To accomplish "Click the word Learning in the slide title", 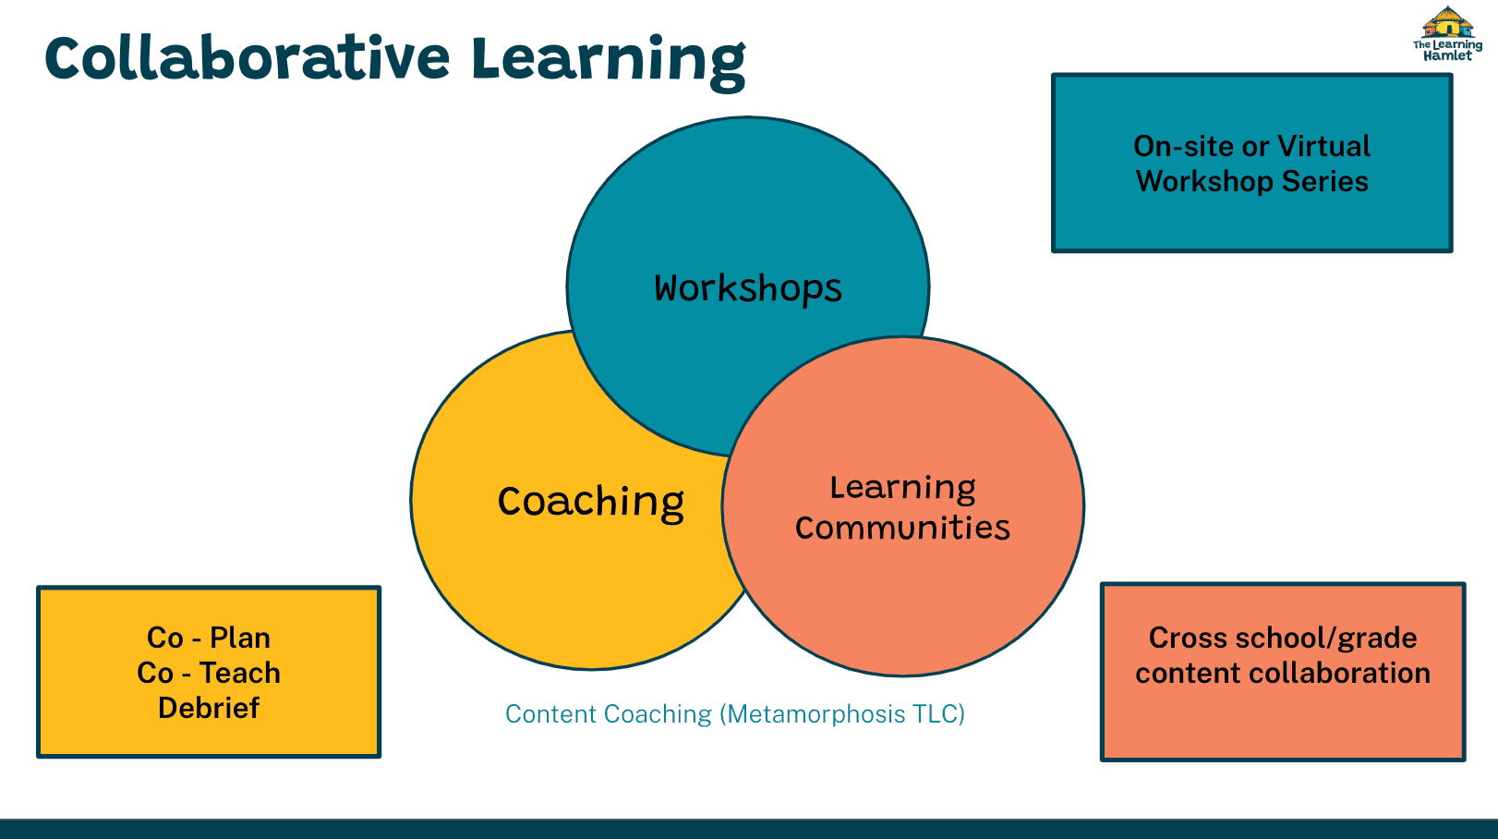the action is click(609, 62).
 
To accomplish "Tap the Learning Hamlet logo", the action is click(1447, 34).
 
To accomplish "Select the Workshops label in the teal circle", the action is click(748, 289).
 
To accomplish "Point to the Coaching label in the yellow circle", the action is click(591, 503).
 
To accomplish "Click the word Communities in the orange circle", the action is click(902, 528).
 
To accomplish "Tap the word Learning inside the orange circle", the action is click(903, 489).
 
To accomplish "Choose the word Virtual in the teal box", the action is click(1323, 146).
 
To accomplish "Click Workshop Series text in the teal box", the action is click(1252, 181).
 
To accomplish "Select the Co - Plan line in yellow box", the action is click(209, 638).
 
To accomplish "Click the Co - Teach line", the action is click(209, 673).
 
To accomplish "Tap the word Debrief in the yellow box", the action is click(209, 708).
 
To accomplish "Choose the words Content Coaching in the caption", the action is click(609, 714).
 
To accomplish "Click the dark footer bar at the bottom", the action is click(749, 829).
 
